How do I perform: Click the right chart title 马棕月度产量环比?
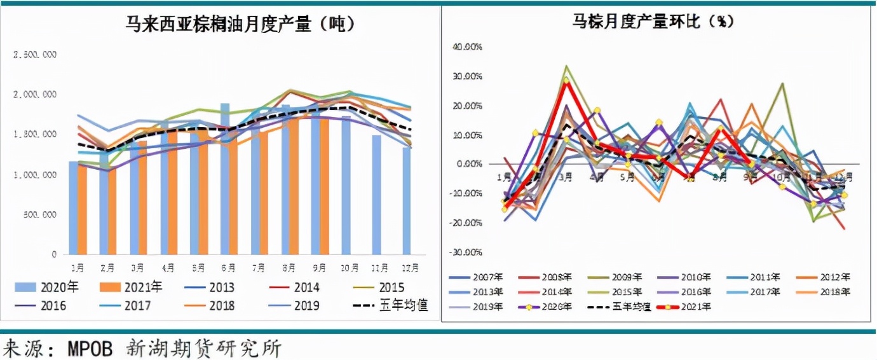tap(653, 22)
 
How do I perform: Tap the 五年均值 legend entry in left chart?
tap(390, 305)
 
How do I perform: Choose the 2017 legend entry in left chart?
tap(128, 305)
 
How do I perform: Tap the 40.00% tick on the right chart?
tap(467, 47)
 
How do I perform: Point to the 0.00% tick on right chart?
tap(468, 164)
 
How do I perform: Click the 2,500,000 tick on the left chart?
tap(35, 55)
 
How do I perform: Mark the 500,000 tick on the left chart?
tap(37, 215)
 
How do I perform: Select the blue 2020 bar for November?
tap(377, 194)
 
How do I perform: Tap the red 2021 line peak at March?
tap(566, 81)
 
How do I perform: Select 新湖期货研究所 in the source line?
tap(203, 349)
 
